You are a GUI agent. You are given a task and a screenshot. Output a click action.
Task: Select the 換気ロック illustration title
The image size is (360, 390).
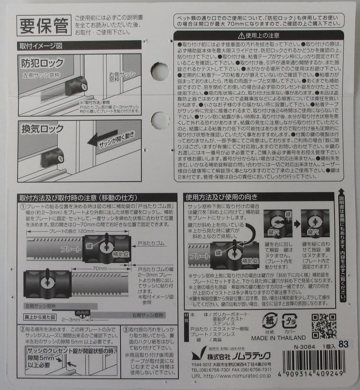point(42,129)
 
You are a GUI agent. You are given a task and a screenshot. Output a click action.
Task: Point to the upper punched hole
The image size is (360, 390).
point(160,71)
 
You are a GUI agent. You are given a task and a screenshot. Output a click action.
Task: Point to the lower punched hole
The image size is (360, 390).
point(160,120)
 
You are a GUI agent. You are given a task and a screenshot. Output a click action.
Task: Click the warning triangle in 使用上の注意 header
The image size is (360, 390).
point(241,35)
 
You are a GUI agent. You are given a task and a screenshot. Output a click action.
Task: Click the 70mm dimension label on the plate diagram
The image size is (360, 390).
point(100,269)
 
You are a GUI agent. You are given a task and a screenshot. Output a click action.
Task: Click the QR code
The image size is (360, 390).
point(324,326)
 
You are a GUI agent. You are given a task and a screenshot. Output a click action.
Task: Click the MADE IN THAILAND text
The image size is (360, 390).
point(278,337)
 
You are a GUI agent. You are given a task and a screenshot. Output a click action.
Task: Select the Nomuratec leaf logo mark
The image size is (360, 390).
point(198,355)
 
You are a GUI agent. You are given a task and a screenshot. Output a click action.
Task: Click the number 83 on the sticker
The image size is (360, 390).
point(343,344)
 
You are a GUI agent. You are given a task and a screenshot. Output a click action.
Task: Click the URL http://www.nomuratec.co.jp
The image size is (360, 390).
point(231,376)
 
